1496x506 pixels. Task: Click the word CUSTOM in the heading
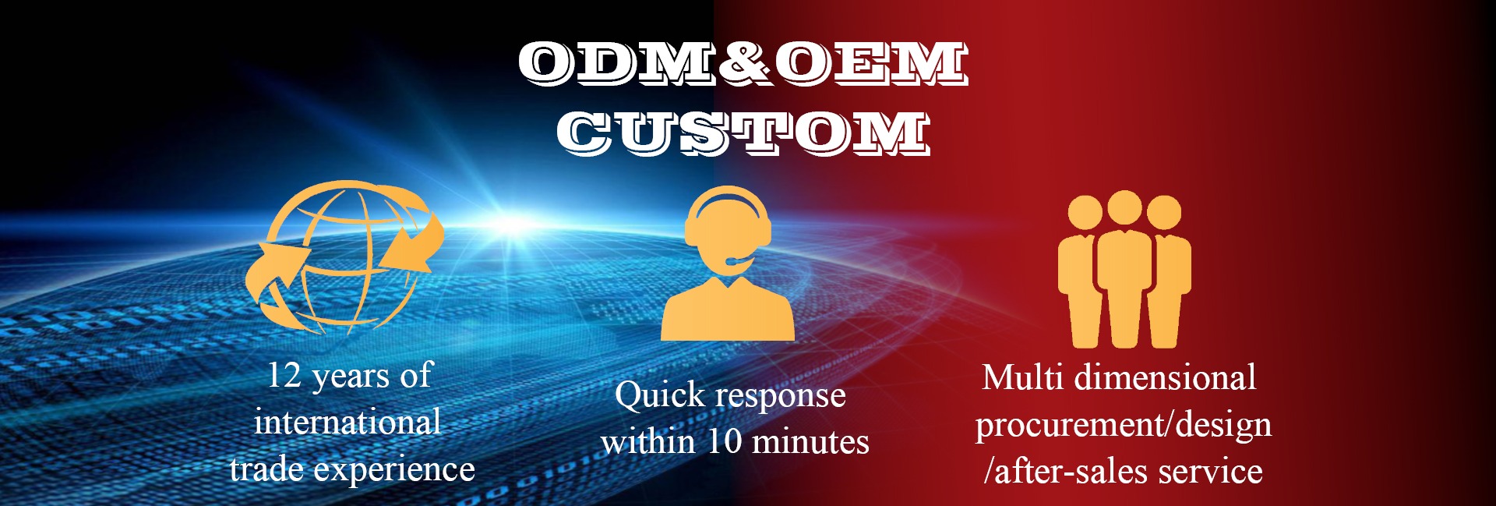[744, 132]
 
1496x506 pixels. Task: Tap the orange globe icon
[344, 257]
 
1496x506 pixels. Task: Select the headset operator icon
[728, 263]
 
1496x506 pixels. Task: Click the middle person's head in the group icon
[1124, 207]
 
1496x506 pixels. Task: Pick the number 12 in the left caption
[284, 375]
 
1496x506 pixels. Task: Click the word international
[348, 422]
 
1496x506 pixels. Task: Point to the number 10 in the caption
[724, 441]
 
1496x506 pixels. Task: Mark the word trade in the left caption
[266, 469]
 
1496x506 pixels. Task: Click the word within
[648, 441]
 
